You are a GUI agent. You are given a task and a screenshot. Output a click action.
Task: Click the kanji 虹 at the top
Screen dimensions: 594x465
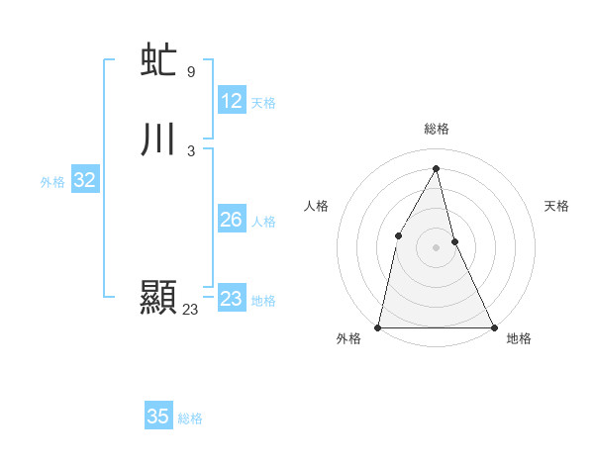pyautogui.click(x=158, y=61)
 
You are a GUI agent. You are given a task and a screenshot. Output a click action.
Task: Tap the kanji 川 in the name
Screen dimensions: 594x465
pyautogui.click(x=158, y=140)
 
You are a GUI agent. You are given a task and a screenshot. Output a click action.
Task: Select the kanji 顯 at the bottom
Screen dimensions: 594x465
pyautogui.click(x=158, y=298)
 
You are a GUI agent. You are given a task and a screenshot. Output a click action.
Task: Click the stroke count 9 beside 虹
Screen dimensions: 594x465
pyautogui.click(x=191, y=72)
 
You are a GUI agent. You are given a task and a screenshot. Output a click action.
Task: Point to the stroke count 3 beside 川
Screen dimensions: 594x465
pyautogui.click(x=191, y=151)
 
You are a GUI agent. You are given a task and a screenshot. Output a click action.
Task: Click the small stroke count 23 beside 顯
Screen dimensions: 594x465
pyautogui.click(x=191, y=310)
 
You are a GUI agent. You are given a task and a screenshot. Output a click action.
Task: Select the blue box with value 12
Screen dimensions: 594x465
pyautogui.click(x=232, y=101)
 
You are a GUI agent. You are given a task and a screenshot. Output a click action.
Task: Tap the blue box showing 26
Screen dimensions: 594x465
pyautogui.click(x=232, y=220)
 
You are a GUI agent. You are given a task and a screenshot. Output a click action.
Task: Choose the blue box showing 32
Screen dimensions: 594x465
pyautogui.click(x=84, y=180)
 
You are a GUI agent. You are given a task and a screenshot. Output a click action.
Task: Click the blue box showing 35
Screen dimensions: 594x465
pyautogui.click(x=158, y=417)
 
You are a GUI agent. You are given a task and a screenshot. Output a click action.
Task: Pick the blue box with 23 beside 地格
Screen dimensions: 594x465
pyautogui.click(x=232, y=299)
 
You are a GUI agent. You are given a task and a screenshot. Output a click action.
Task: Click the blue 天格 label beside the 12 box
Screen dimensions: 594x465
pyautogui.click(x=263, y=103)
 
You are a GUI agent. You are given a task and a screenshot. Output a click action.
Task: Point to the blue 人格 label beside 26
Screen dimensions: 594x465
pyautogui.click(x=263, y=222)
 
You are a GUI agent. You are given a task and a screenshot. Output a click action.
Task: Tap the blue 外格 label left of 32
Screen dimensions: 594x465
pyautogui.click(x=52, y=182)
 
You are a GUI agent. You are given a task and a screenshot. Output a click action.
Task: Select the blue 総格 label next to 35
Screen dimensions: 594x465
pyautogui.click(x=190, y=418)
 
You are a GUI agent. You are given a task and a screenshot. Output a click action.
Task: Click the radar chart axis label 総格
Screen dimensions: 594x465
pyautogui.click(x=436, y=129)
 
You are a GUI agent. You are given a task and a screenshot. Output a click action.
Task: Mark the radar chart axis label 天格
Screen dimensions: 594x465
pyautogui.click(x=556, y=206)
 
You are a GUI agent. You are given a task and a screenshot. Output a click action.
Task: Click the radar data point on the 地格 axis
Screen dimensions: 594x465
pyautogui.click(x=493, y=326)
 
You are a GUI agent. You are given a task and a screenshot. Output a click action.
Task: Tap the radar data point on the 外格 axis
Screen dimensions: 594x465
pyautogui.click(x=378, y=326)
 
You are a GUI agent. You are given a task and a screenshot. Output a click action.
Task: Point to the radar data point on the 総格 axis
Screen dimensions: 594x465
pyautogui.click(x=436, y=168)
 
